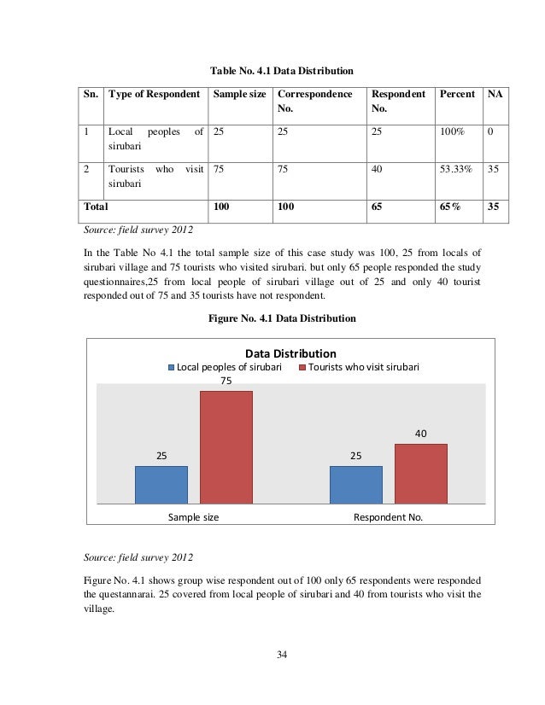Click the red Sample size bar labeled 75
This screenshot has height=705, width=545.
click(226, 446)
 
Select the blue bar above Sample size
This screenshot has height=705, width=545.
click(161, 484)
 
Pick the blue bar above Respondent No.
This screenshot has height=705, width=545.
click(355, 484)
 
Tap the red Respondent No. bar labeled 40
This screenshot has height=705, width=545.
click(420, 473)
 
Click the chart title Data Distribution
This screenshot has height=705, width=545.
click(290, 353)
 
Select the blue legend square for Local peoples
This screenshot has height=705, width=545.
click(172, 368)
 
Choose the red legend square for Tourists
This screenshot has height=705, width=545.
click(302, 368)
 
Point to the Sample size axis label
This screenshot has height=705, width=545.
click(193, 517)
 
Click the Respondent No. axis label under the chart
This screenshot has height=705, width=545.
click(388, 517)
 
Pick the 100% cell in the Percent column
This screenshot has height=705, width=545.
click(453, 132)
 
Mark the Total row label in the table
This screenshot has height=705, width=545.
click(95, 206)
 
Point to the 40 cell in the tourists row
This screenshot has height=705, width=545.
click(377, 169)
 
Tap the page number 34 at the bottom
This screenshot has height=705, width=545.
click(283, 655)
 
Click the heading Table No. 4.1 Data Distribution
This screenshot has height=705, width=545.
click(282, 68)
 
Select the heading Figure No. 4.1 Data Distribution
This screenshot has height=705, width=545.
click(282, 318)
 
